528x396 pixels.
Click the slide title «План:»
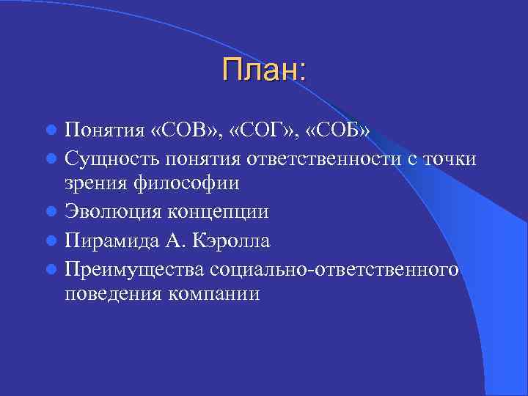pos(264,71)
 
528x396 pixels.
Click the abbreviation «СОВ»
pos(175,131)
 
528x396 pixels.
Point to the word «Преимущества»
pos(135,268)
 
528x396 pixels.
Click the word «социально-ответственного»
pos(335,267)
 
